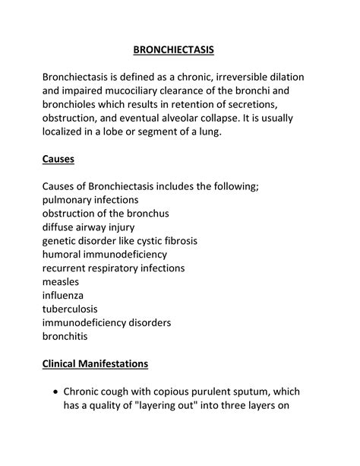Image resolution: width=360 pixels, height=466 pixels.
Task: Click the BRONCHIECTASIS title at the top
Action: click(x=173, y=50)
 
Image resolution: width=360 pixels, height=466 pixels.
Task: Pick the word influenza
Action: click(x=63, y=296)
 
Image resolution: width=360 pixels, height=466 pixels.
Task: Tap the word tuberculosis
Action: click(x=72, y=309)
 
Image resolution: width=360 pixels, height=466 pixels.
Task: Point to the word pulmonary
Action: click(x=71, y=200)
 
